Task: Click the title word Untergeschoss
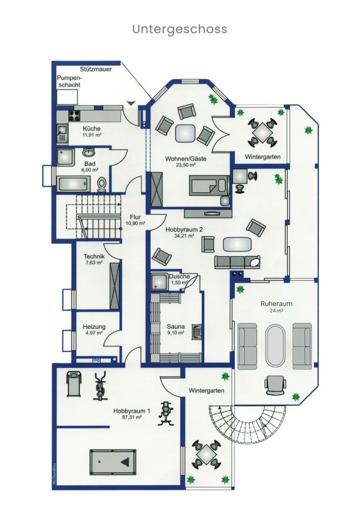tap(180, 29)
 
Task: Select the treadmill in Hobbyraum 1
tap(74, 384)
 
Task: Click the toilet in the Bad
tap(102, 184)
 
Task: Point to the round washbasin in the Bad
tap(89, 152)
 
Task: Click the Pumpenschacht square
tap(67, 96)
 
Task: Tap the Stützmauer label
tap(96, 69)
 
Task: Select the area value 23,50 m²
tap(185, 165)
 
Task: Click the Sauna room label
tap(176, 326)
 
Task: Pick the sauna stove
tap(196, 332)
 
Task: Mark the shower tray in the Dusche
tap(160, 281)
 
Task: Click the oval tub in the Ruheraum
tap(276, 346)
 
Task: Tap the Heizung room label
tap(94, 327)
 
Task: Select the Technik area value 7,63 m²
tap(94, 263)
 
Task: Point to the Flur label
tap(135, 217)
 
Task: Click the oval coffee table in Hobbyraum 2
tap(237, 244)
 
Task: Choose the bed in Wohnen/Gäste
tap(208, 186)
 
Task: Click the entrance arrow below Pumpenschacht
tap(131, 103)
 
